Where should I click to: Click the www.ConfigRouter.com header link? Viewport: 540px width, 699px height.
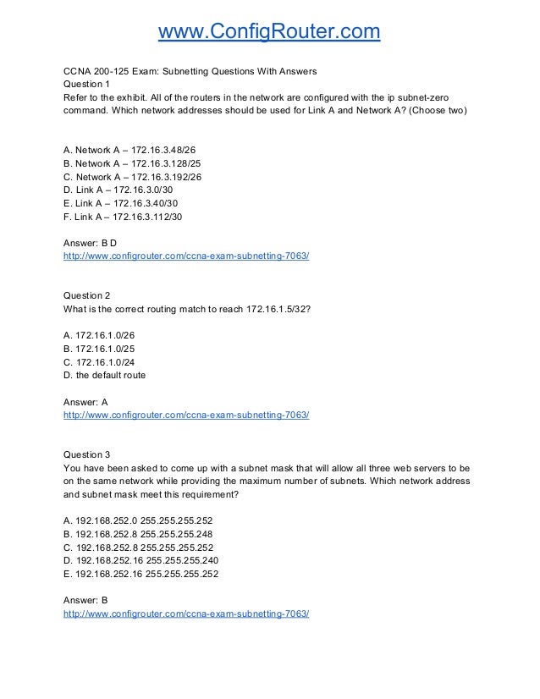(x=270, y=32)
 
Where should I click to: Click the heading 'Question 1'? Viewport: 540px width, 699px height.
(x=87, y=85)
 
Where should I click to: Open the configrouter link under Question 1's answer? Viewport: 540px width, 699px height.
(x=186, y=255)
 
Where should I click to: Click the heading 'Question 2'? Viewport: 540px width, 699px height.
(x=87, y=295)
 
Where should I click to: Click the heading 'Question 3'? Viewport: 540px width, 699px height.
(x=87, y=454)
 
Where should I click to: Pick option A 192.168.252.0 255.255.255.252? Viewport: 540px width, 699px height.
(x=138, y=520)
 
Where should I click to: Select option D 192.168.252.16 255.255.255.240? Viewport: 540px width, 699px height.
(x=140, y=560)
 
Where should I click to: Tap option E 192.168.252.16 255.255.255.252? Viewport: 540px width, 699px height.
(x=140, y=574)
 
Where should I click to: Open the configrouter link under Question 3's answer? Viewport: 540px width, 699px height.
(x=186, y=614)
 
